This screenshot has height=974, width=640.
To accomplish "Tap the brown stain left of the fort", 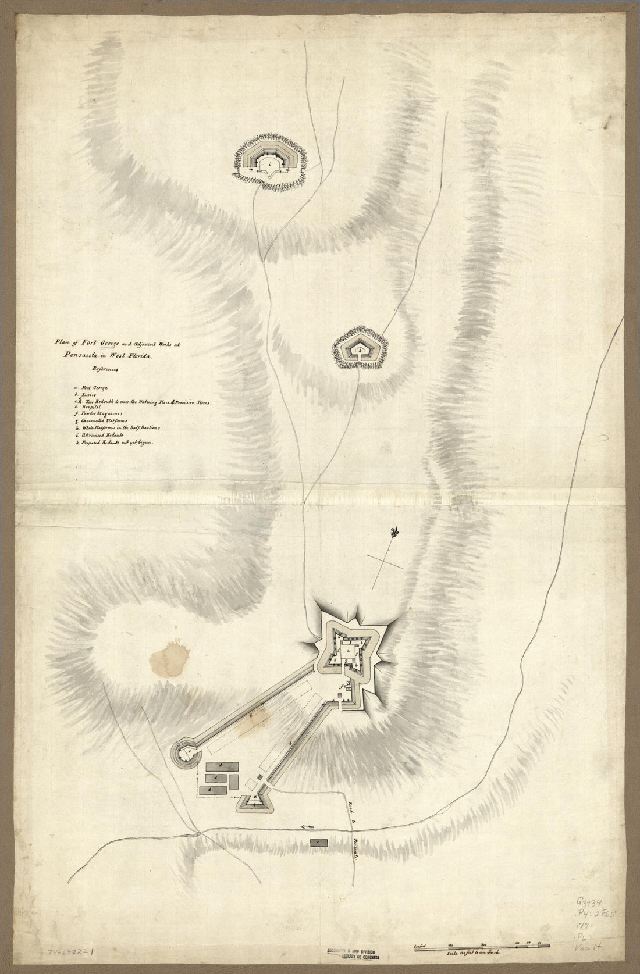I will click(x=168, y=659).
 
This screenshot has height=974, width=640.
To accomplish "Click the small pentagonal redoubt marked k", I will click(x=361, y=351).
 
